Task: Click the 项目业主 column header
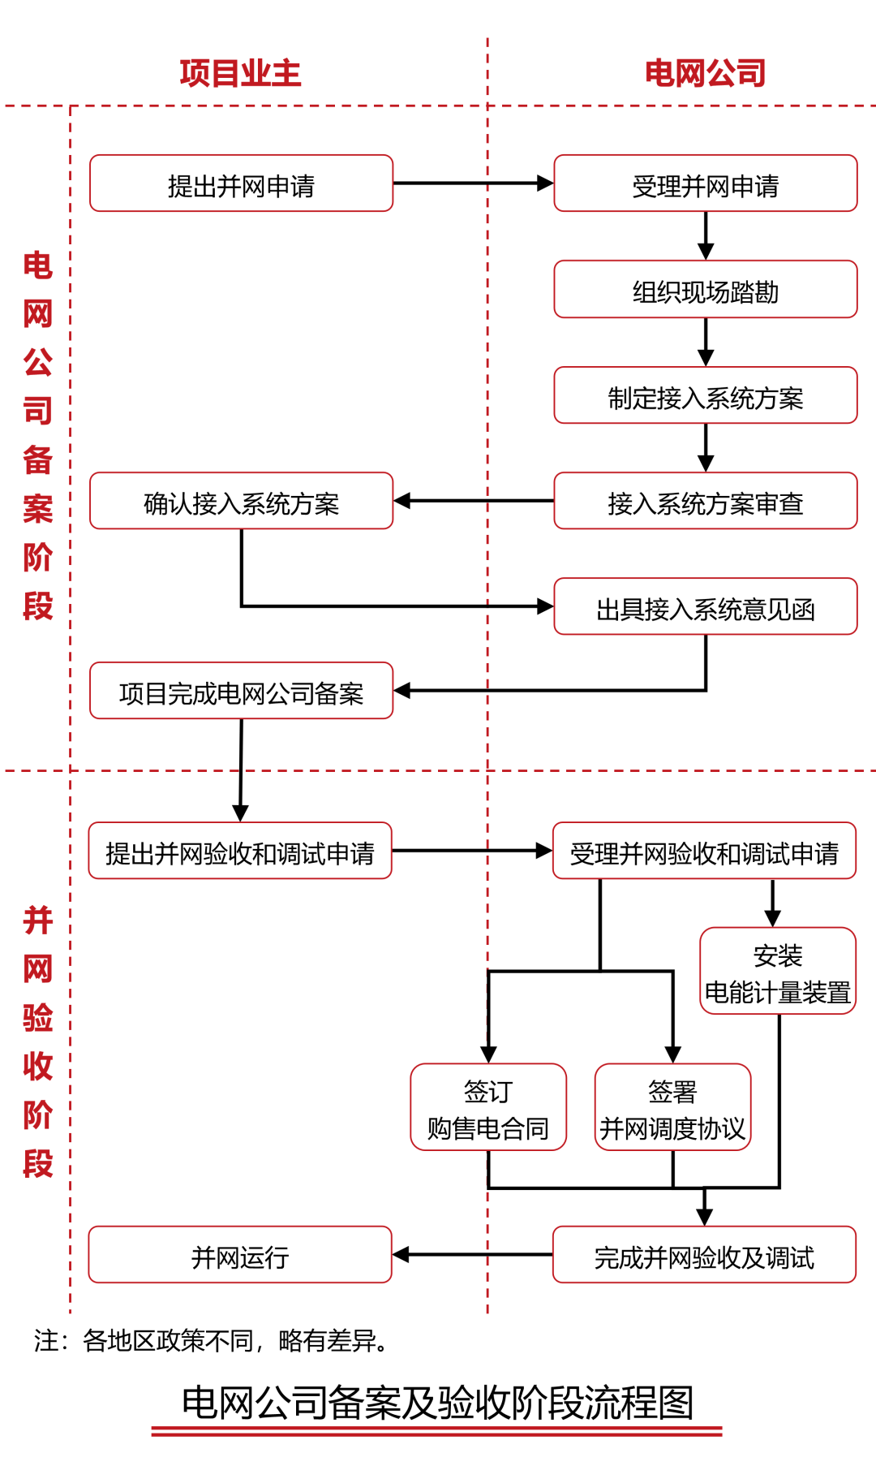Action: pos(240,73)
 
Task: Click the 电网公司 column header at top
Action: pos(705,73)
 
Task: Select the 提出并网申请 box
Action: pos(241,184)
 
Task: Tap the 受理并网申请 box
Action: pos(705,184)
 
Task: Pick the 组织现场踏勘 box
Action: pos(705,290)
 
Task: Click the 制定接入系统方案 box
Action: pos(705,396)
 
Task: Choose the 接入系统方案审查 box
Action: pos(705,502)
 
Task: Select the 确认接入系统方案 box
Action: pos(241,502)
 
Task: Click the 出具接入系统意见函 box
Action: pos(705,607)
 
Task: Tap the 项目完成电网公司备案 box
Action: pos(241,692)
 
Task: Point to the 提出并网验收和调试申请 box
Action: pos(240,852)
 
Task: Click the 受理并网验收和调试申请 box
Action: pos(704,852)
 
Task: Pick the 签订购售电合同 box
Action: pos(488,1108)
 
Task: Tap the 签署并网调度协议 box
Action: pos(672,1108)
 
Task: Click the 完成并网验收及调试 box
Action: pos(704,1256)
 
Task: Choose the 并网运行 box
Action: pos(240,1256)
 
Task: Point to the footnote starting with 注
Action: pos(211,1340)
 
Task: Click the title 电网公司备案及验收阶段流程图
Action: pos(437,1403)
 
